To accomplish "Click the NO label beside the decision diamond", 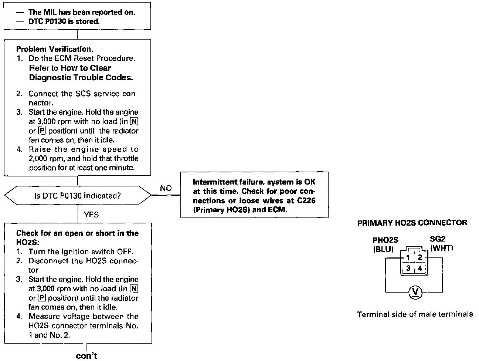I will point(166,188).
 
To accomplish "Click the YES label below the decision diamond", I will point(91,214).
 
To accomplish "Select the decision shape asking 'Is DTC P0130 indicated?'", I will point(77,196).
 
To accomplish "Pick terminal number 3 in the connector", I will point(408,269).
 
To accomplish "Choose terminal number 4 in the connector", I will point(420,269).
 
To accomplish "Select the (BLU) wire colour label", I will point(383,249).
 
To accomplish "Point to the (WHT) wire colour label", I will point(441,248).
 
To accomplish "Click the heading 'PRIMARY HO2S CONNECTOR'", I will point(412,223).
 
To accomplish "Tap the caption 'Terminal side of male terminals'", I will point(415,314).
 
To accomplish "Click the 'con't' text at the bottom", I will point(86,356).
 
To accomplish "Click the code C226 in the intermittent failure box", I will point(306,200).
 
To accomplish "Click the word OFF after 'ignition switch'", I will point(125,252).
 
